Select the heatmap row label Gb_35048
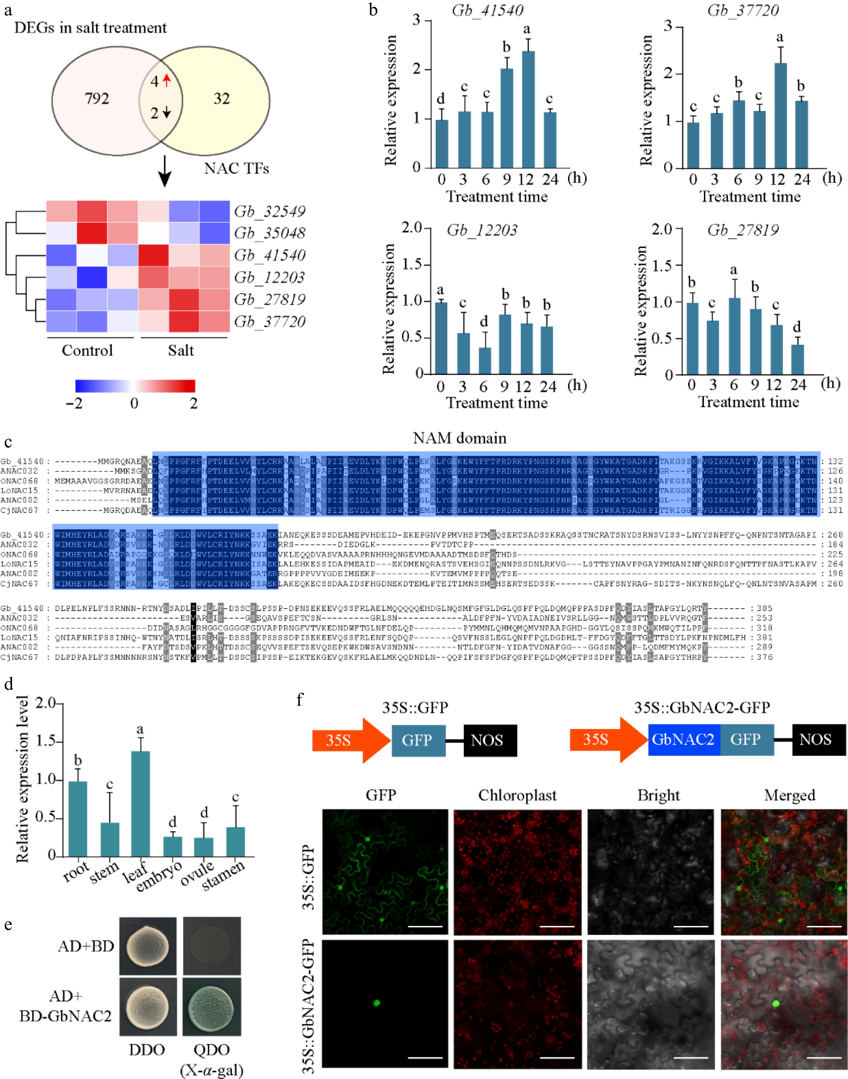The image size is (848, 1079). pyautogui.click(x=270, y=233)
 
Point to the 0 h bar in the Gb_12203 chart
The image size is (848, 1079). pyautogui.click(x=441, y=338)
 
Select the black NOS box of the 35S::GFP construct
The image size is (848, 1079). pyautogui.click(x=490, y=740)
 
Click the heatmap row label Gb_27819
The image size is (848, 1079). pyautogui.click(x=270, y=299)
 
